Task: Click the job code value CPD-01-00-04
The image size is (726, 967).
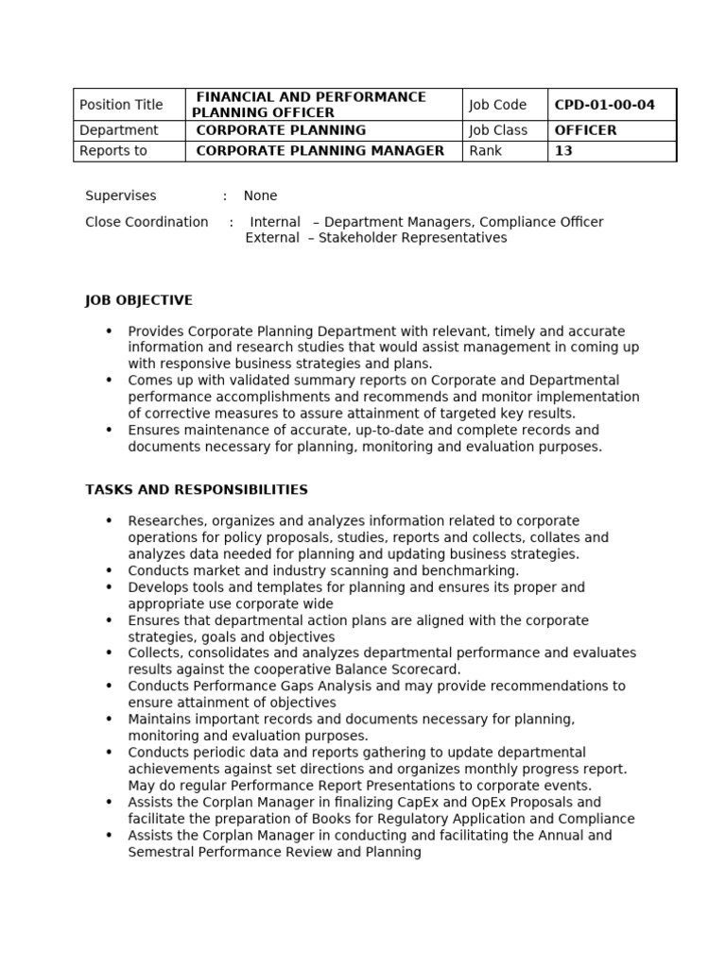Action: tap(604, 105)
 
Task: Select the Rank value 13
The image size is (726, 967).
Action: tap(563, 151)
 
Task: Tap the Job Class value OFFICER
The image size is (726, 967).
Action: tap(585, 130)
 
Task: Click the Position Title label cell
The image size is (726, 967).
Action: tap(121, 105)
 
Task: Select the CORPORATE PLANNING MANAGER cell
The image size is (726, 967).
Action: tap(320, 151)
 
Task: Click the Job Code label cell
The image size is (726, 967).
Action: tap(496, 105)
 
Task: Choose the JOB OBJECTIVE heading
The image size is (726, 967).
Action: tap(139, 300)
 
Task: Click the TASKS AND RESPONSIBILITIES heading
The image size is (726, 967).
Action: tap(197, 490)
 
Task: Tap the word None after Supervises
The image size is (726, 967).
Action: tap(260, 196)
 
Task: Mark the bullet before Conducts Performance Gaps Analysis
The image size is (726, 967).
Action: tap(109, 687)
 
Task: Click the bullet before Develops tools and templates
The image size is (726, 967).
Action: tap(109, 587)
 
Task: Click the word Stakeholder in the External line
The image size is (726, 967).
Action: tap(357, 238)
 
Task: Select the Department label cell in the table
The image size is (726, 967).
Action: tap(119, 130)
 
